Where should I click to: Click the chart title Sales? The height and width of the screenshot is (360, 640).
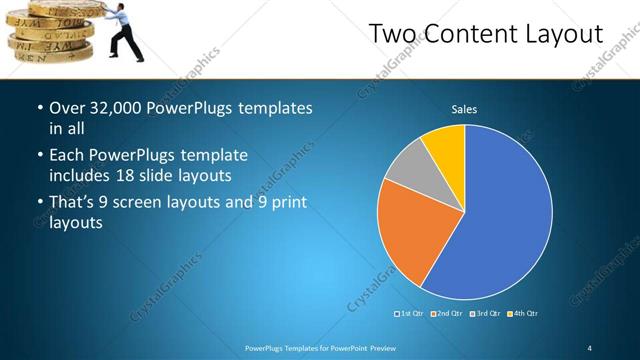[x=464, y=109]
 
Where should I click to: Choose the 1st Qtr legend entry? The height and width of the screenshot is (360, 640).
[x=412, y=314]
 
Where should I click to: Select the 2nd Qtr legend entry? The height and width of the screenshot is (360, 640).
[x=449, y=314]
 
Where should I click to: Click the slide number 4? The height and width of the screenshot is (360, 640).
[x=590, y=347]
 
